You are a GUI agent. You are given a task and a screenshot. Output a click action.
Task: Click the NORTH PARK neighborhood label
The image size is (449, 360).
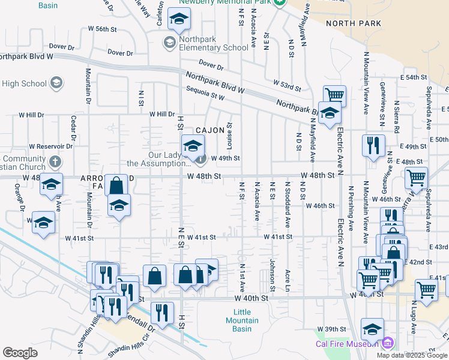pos(354,23)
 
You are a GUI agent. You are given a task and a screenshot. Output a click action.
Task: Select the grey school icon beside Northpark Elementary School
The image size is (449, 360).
pos(169,41)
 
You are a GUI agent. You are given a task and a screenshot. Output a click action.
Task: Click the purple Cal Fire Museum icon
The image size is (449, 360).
pos(388,344)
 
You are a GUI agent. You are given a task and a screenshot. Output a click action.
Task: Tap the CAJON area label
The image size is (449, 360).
pos(209,130)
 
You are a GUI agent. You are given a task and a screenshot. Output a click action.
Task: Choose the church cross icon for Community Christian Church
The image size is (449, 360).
pos(55,161)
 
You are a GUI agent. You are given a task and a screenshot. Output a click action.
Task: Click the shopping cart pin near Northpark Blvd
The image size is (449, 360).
pos(334,95)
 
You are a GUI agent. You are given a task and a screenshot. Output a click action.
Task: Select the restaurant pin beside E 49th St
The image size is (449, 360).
pos(373,145)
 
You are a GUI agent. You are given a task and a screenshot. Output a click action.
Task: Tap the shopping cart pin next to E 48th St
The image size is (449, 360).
pos(415,177)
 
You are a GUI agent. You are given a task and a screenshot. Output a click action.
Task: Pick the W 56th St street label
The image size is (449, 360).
pos(101,29)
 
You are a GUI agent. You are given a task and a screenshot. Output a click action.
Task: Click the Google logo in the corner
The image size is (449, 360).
pos(20,353)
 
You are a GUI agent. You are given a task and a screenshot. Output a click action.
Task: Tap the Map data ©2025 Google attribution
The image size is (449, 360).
pos(412,355)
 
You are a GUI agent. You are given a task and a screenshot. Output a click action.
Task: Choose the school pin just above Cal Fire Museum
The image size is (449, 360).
pos(372,329)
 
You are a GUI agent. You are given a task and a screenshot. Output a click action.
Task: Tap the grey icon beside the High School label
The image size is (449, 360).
pos(56,83)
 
